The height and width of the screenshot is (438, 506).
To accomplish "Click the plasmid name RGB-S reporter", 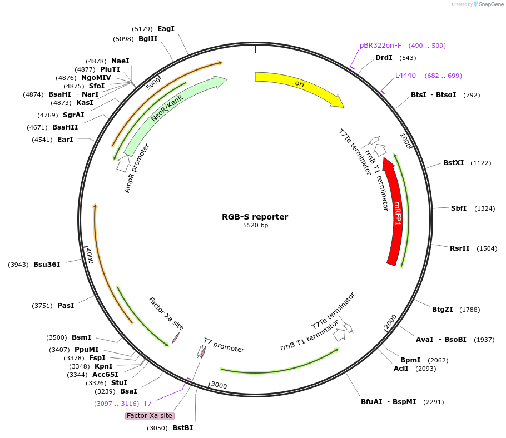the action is pyautogui.click(x=255, y=217).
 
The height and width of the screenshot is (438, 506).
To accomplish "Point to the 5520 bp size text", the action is pyautogui.click(x=255, y=225).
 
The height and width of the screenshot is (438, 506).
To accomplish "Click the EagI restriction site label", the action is pyautogui.click(x=166, y=29).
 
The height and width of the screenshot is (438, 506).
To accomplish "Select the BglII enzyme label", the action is pyautogui.click(x=148, y=39).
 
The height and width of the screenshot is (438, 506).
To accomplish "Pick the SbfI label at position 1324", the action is pyautogui.click(x=459, y=208).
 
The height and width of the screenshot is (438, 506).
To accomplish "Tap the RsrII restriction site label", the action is pyautogui.click(x=459, y=248).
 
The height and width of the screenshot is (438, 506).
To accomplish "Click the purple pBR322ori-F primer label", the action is pyautogui.click(x=380, y=46).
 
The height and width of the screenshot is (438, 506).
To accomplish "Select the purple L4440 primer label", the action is pyautogui.click(x=405, y=76).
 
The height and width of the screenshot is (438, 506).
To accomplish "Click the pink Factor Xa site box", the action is pyautogui.click(x=150, y=416).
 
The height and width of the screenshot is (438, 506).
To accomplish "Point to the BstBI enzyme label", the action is pyautogui.click(x=182, y=428).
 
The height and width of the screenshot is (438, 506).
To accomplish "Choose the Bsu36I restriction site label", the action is pyautogui.click(x=47, y=265).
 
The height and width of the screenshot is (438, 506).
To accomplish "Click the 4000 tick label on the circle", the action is pyautogui.click(x=90, y=256).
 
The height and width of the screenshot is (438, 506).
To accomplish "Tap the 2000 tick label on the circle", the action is pyautogui.click(x=390, y=322).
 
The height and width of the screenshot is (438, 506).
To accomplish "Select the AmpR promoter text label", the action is pyautogui.click(x=137, y=168).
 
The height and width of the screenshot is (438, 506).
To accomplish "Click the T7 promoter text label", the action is pyautogui.click(x=224, y=345).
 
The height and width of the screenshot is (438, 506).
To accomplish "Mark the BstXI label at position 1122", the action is pyautogui.click(x=453, y=163).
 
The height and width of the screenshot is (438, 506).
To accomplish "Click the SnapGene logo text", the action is pyautogui.click(x=491, y=4).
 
